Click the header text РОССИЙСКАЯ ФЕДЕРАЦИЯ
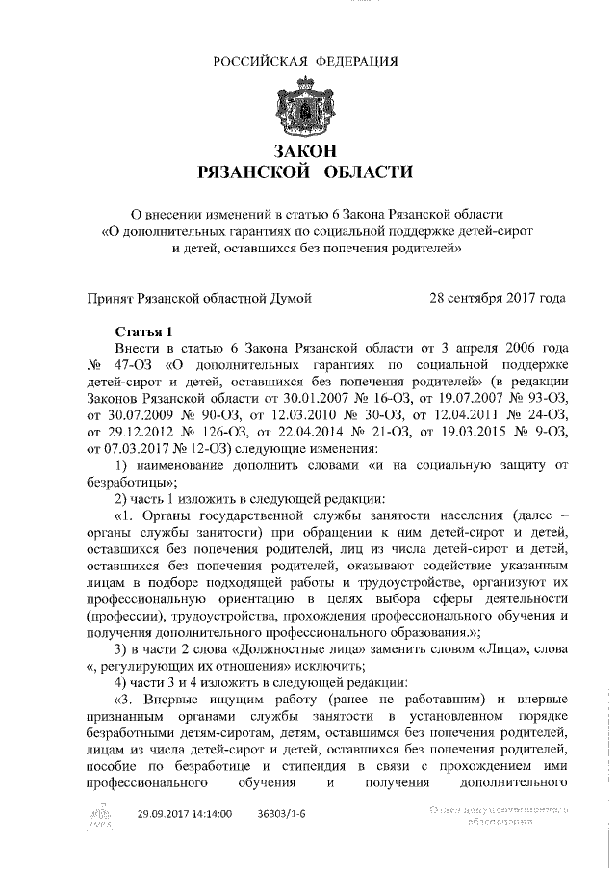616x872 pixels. [305, 61]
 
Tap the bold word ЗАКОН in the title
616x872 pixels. [305, 151]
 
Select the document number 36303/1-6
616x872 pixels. [282, 814]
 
